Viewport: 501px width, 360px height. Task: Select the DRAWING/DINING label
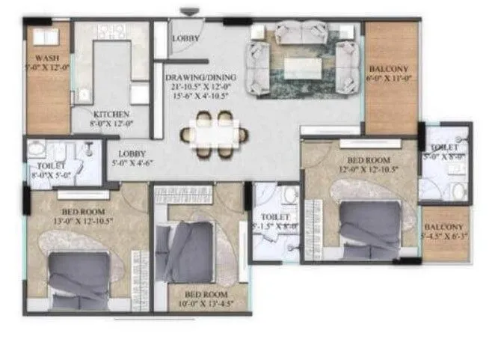coord(200,78)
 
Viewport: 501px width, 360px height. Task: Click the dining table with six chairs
coord(214,135)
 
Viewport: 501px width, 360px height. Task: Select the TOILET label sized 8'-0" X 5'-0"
coord(49,165)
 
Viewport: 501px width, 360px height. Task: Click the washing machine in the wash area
coord(42,37)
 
